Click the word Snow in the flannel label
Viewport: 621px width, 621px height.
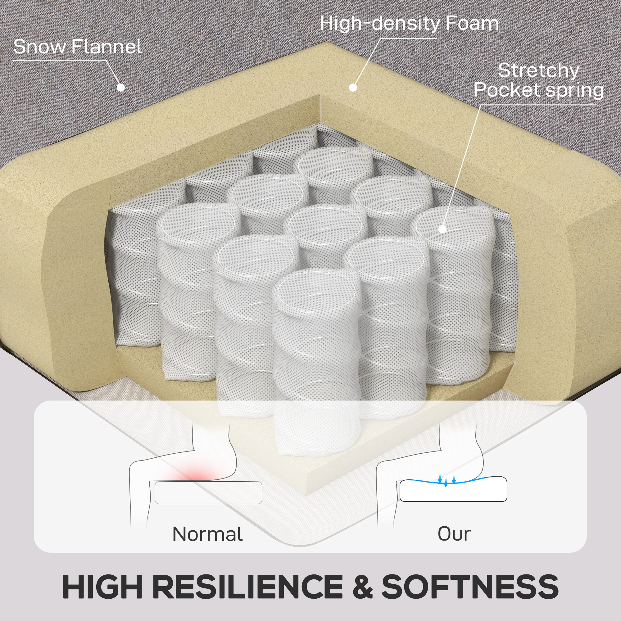[39, 47]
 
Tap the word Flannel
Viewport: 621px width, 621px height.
[107, 47]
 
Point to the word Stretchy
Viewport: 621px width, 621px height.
[538, 71]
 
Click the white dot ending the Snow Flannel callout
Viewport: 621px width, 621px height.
[121, 87]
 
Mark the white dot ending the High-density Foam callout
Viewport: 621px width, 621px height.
[353, 88]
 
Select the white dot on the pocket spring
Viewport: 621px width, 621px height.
[442, 229]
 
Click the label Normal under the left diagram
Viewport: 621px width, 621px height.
[207, 534]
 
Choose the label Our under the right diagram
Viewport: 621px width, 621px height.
[454, 534]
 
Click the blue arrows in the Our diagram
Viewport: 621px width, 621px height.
[447, 481]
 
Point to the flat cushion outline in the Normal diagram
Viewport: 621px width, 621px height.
[208, 493]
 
